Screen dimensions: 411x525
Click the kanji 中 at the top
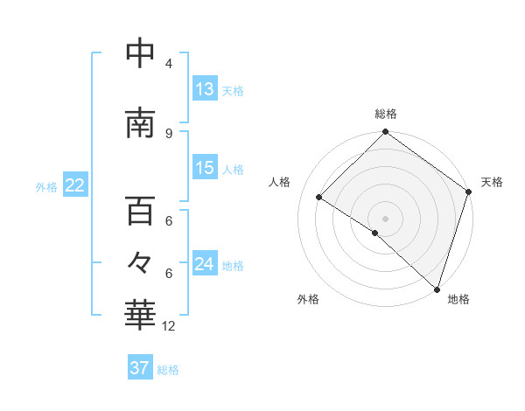[140, 53]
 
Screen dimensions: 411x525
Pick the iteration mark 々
[140, 262]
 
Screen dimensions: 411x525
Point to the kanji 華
[140, 314]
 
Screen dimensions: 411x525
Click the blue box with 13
[205, 89]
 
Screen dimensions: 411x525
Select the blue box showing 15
[205, 168]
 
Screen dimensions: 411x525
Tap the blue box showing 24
[205, 264]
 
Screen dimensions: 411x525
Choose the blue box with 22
[74, 185]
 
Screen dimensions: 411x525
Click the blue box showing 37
[140, 368]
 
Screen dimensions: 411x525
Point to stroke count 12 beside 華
[169, 326]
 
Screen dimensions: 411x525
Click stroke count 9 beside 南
[169, 133]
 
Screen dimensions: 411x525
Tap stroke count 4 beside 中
[169, 64]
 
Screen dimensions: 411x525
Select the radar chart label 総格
[386, 114]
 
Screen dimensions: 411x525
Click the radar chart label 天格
[492, 182]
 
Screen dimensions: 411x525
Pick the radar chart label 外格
[308, 299]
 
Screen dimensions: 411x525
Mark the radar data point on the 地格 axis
[436, 289]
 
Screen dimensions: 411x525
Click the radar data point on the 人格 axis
[319, 197]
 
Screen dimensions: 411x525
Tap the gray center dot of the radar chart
[385, 218]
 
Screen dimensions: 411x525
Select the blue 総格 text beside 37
[168, 370]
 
